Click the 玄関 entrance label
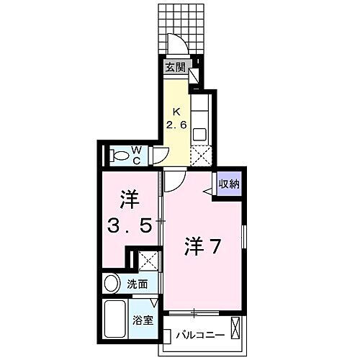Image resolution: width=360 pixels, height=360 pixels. click(x=175, y=68)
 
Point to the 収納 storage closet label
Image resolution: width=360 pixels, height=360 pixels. click(x=230, y=184)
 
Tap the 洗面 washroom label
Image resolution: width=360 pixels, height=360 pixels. click(x=139, y=284)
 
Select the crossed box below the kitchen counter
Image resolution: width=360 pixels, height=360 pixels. click(x=200, y=155)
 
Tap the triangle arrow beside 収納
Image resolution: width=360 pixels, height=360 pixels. click(x=208, y=190)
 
